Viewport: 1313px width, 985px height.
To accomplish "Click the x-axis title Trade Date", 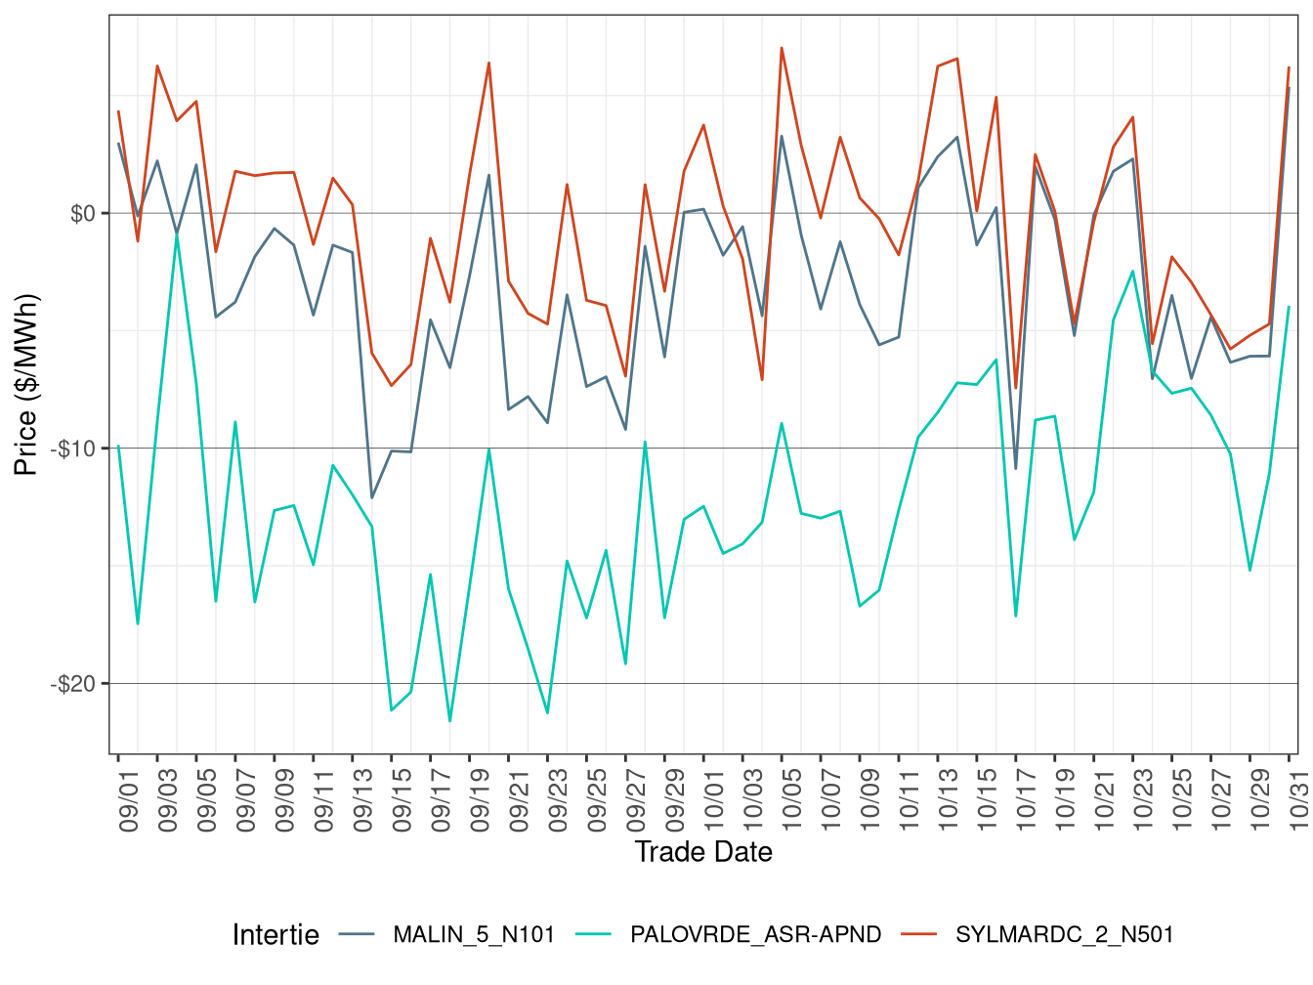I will click(x=703, y=852).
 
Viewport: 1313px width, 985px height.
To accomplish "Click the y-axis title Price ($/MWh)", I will click(x=26, y=385).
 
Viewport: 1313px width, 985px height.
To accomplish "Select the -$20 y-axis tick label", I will click(x=76, y=684).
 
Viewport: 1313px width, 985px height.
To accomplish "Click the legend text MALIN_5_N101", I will click(x=474, y=935).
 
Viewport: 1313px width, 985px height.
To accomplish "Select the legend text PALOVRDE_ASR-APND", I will click(x=755, y=935).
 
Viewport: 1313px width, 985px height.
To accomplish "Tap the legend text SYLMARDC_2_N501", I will click(x=1064, y=935).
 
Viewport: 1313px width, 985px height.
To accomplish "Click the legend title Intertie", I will click(x=275, y=935).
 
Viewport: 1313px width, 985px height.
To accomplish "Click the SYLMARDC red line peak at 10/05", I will click(x=782, y=48).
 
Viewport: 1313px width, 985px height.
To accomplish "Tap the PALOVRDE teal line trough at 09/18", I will click(x=449, y=721).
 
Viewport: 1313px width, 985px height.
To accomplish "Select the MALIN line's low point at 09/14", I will click(x=372, y=498).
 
